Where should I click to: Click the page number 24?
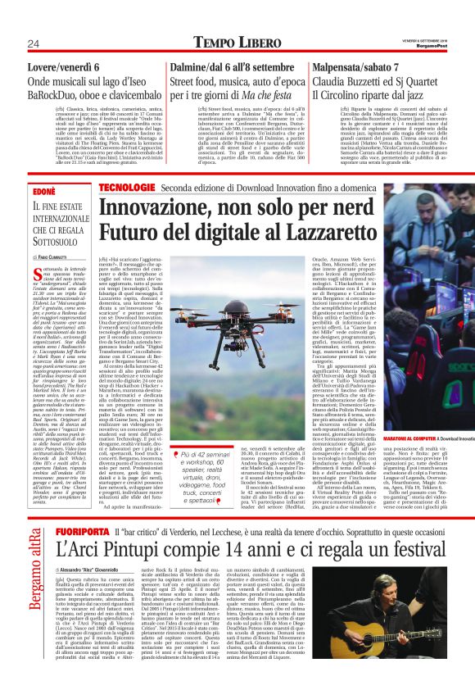pyautogui.click(x=34, y=43)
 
